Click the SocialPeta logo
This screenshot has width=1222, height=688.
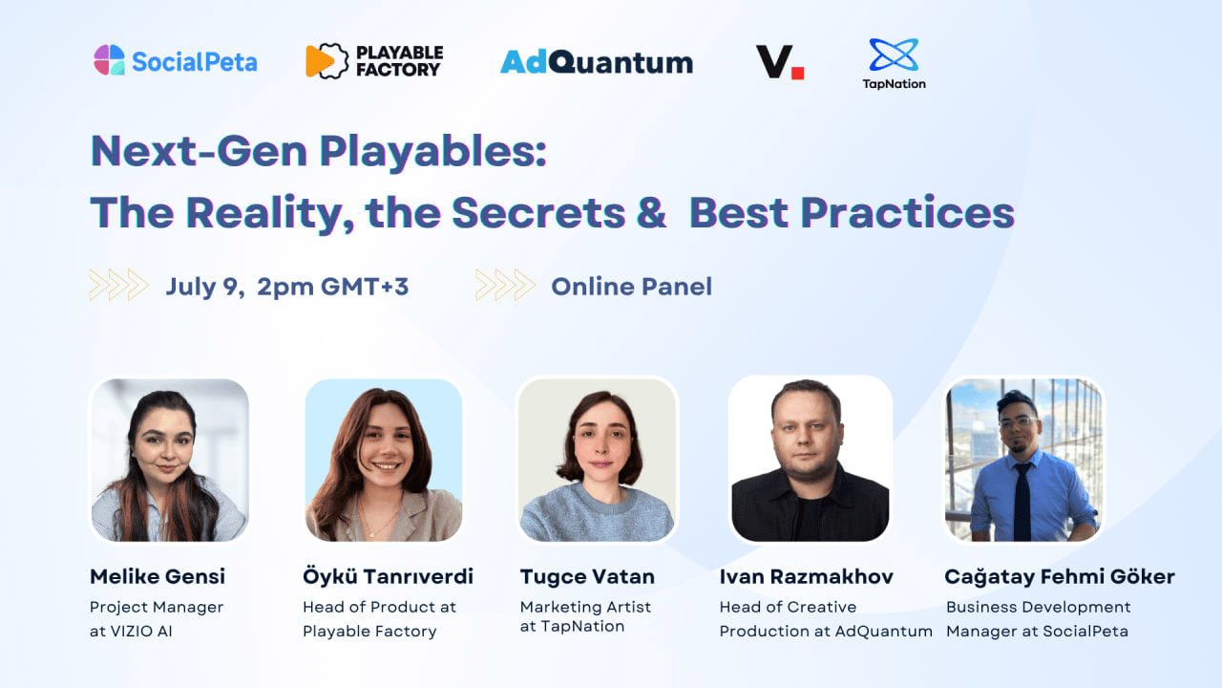click(x=175, y=60)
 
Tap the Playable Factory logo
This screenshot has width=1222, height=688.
click(x=374, y=60)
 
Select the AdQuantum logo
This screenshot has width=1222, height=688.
click(x=597, y=62)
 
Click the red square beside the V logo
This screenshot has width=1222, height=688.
click(x=797, y=73)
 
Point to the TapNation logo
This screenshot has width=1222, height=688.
click(x=894, y=63)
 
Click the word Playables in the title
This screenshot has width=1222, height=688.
click(x=432, y=152)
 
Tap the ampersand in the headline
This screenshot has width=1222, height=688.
click(x=651, y=212)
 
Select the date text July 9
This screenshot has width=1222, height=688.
click(x=205, y=287)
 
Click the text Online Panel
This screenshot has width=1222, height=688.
click(x=631, y=287)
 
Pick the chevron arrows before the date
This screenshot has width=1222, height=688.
click(x=119, y=285)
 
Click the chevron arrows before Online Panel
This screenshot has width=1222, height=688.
click(x=505, y=285)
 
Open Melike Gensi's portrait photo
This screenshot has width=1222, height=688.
click(x=170, y=460)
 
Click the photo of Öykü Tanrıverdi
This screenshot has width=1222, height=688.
click(x=384, y=460)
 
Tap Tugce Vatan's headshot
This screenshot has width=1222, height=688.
click(x=597, y=460)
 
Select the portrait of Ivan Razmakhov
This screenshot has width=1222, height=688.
click(x=811, y=460)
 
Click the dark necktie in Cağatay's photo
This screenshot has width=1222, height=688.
click(x=1022, y=503)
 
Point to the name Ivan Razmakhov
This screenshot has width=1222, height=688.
click(x=807, y=576)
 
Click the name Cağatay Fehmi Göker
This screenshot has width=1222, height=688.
click(x=1060, y=577)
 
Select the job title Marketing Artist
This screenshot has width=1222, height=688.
click(x=585, y=607)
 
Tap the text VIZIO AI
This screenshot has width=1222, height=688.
click(x=141, y=632)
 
